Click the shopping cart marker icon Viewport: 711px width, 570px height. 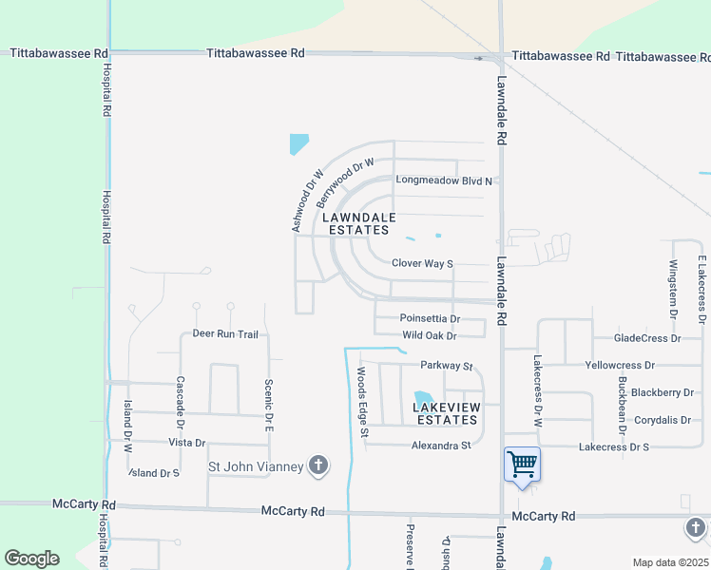tap(522, 465)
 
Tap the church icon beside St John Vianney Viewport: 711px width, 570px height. tap(318, 465)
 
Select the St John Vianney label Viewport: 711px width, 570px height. tap(256, 466)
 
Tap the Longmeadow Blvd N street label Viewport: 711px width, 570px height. tap(445, 180)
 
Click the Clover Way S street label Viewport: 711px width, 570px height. tap(422, 263)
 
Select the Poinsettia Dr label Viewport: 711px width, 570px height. tap(430, 319)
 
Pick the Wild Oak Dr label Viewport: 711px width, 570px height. tap(429, 335)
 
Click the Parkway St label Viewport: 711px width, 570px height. tap(447, 365)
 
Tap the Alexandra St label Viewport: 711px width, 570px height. tap(441, 445)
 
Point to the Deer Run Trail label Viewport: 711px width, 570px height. tap(225, 334)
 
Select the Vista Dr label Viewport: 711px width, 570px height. tap(187, 443)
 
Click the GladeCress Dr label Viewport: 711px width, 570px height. tap(647, 337)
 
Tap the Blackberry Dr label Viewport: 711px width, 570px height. tap(662, 392)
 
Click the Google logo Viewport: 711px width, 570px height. tap(31, 559)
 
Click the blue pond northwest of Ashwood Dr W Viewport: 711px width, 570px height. tap(298, 144)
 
